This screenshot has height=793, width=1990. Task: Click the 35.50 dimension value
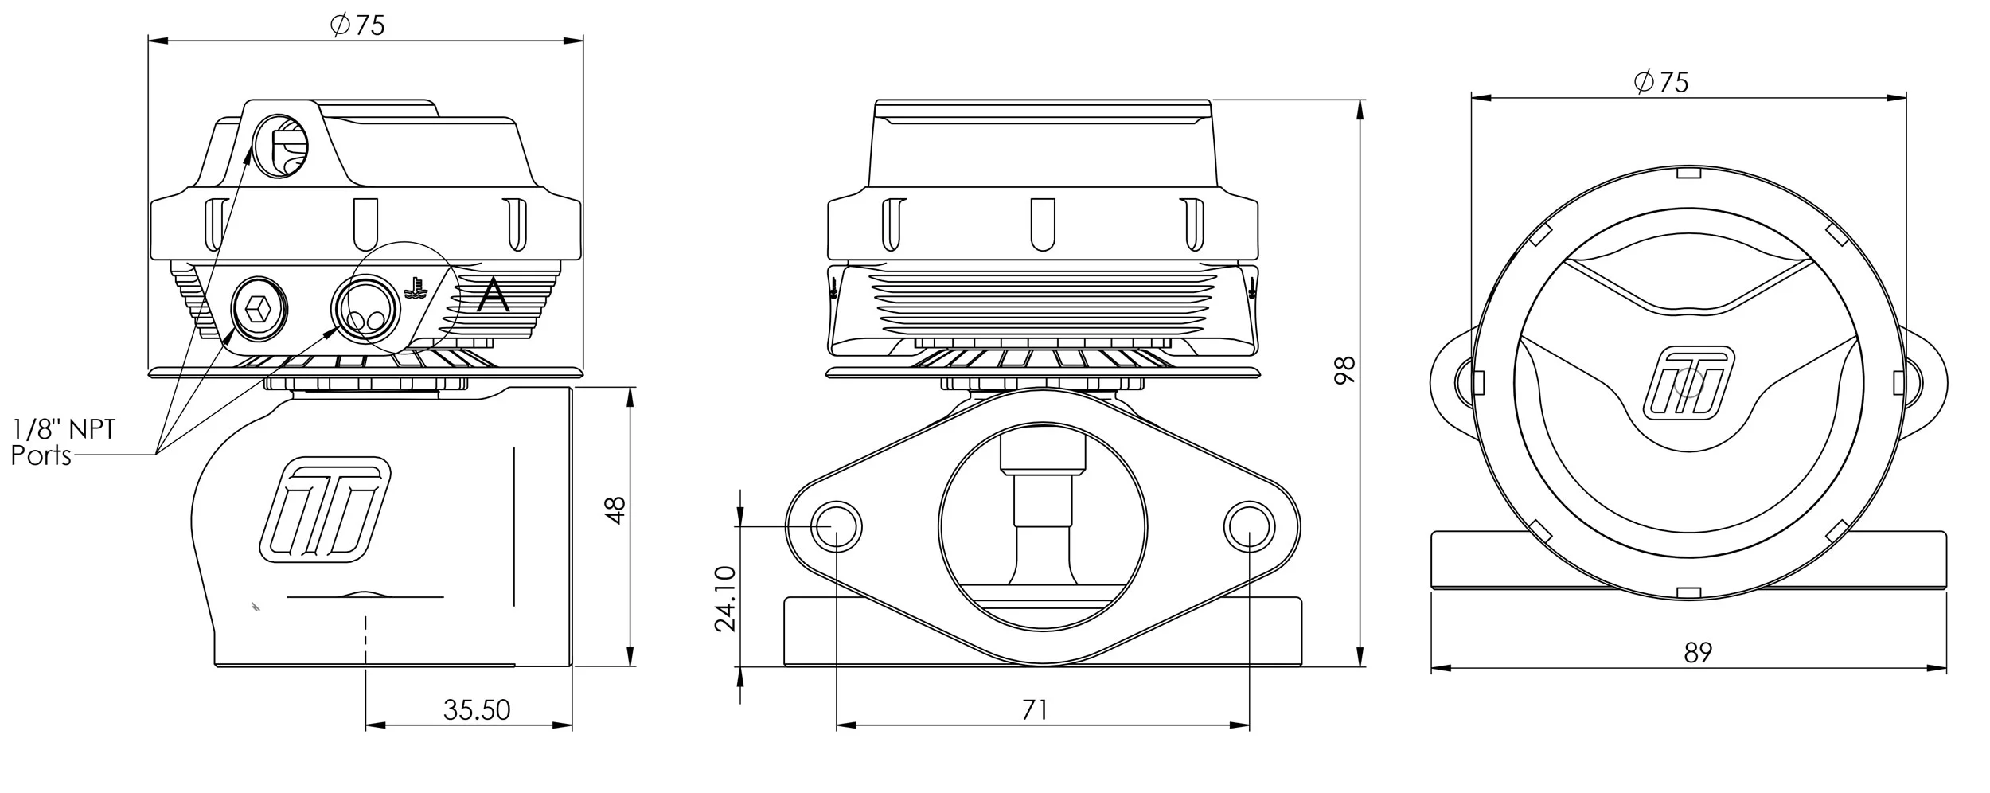point(476,709)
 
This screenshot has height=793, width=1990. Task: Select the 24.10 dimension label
point(725,598)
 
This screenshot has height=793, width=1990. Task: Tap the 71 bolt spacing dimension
point(1035,709)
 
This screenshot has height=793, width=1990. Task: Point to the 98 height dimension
point(1344,371)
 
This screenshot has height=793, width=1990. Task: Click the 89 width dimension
point(1697,653)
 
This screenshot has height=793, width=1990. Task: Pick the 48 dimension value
point(615,510)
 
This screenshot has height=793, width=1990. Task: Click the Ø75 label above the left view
point(358,25)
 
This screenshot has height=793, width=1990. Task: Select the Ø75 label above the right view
point(1661,82)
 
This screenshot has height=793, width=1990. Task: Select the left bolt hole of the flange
point(836,527)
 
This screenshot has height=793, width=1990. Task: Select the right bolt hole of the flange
point(1249,527)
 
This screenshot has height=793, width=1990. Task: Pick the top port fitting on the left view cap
point(280,146)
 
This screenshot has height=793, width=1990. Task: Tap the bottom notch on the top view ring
point(1689,592)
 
